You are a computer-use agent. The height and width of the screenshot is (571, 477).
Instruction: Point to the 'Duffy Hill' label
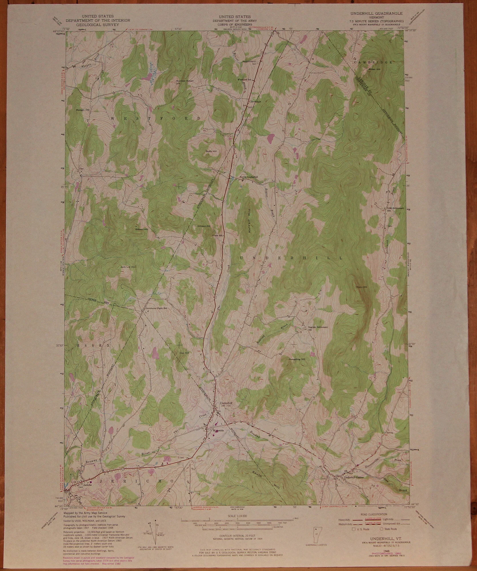tap(210, 151)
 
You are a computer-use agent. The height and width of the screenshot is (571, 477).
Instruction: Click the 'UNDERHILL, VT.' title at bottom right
tap(378, 537)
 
